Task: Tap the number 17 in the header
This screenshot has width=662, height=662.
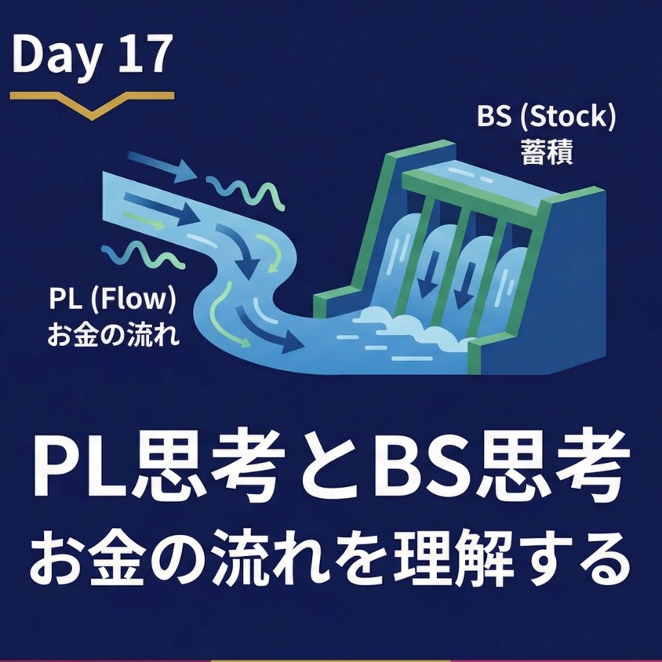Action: pos(144,55)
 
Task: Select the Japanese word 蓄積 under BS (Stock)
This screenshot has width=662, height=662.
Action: pos(547,152)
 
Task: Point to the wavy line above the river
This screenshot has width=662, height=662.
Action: pos(239,187)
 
